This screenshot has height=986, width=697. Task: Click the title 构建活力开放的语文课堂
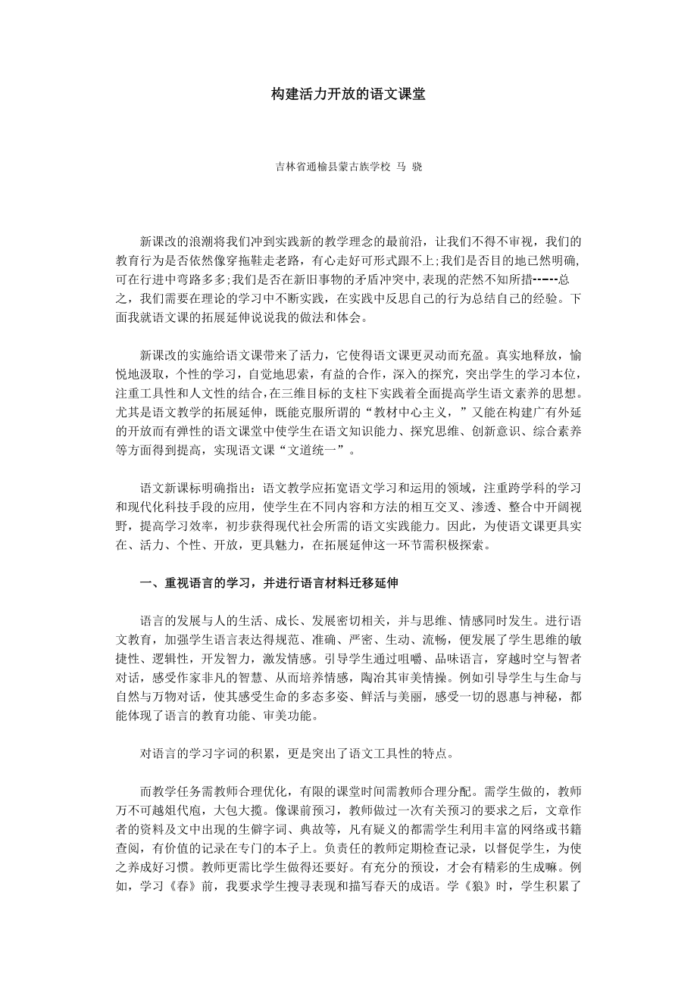pyautogui.click(x=348, y=95)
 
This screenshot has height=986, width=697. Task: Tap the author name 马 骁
pyautogui.click(x=409, y=166)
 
